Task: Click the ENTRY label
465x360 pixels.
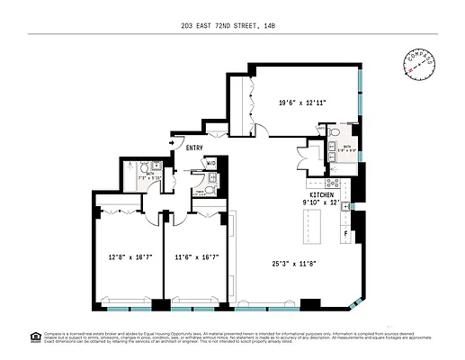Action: (x=194, y=148)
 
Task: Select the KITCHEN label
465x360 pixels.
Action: (x=322, y=194)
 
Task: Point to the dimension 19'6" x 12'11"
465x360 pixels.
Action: (x=302, y=103)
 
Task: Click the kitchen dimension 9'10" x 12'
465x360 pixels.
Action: (x=322, y=202)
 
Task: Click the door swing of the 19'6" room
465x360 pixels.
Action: (x=261, y=130)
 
